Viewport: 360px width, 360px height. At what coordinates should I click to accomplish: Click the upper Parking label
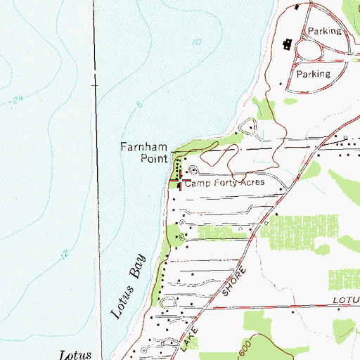324,31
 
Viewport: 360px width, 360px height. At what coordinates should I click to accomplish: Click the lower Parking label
313,74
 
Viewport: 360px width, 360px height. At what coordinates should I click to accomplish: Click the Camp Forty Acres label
224,182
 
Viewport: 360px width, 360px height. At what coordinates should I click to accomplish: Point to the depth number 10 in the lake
196,43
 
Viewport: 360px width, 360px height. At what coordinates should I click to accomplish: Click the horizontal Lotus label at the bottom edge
75,354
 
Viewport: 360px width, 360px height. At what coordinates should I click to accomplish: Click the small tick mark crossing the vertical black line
96,84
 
